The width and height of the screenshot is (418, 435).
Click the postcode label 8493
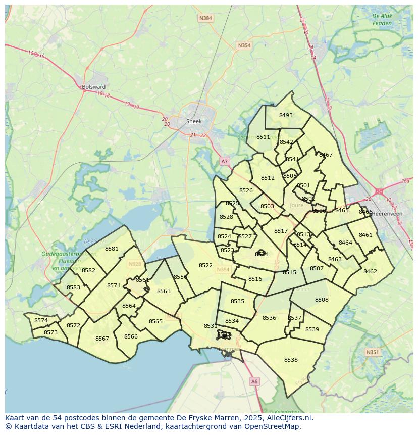286,115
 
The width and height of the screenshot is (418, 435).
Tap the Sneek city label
193,121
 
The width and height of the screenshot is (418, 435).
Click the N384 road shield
205,18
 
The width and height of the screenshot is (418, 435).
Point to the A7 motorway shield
225,161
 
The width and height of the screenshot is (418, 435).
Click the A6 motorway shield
254,382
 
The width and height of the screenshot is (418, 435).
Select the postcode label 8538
291,360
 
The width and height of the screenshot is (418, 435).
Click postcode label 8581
112,249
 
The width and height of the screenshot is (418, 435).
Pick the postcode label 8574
41,320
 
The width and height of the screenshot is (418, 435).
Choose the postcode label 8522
205,265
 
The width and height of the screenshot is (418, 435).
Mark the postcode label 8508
322,300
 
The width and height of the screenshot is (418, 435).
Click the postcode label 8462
370,271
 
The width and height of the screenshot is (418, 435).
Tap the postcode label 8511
263,137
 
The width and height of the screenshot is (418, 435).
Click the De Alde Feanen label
382,19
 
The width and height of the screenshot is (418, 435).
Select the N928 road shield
135,264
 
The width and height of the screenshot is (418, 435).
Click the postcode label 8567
102,339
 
